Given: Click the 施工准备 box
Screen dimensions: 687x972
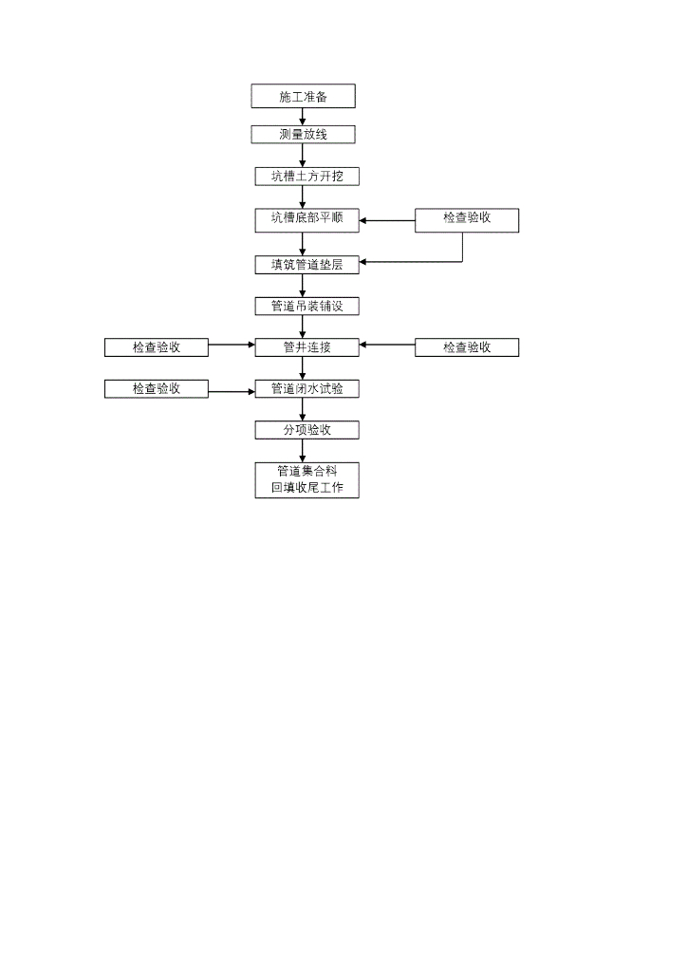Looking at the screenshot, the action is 303,96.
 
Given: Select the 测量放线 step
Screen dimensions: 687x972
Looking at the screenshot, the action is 303,135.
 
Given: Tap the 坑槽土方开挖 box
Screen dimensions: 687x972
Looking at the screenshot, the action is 307,176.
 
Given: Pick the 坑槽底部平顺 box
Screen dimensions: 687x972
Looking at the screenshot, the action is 307,220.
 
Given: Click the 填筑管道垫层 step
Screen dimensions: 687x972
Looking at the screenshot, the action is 307,265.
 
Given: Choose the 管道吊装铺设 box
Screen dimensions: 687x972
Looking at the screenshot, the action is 307,307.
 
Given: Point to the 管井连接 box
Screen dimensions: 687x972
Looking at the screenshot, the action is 307,347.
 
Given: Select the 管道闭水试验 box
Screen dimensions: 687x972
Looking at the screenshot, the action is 307,388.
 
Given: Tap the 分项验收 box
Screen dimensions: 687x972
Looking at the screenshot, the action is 307,430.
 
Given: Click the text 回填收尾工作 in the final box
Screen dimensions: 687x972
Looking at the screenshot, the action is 307,488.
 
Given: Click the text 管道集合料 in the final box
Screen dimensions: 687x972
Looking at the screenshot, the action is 307,471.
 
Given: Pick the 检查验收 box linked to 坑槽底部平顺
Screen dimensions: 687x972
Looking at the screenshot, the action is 467,220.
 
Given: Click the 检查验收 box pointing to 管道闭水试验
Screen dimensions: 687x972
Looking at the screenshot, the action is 157,388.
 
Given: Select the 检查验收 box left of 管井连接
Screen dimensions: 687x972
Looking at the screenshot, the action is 157,347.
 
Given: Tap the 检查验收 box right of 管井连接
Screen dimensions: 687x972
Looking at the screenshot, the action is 467,347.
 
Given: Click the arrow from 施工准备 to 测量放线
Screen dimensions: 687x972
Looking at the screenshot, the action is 303,117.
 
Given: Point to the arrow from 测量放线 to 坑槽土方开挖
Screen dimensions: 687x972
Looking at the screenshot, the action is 303,156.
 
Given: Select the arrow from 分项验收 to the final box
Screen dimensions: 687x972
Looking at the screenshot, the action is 303,451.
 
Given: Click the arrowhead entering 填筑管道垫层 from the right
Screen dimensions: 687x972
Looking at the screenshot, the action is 363,262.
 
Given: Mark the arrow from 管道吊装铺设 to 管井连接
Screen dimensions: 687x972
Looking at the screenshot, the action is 303,327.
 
